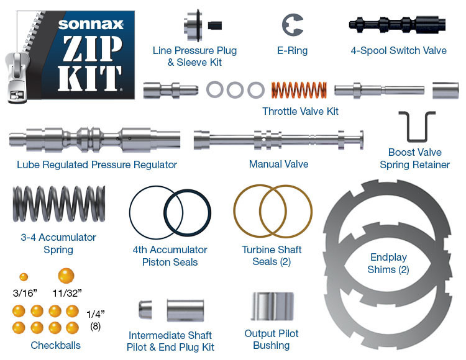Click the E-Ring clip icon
click(292, 25)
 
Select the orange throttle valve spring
click(299, 91)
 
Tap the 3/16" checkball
click(24, 277)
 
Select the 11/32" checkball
click(66, 276)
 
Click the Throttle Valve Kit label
click(300, 112)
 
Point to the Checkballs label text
click(55, 345)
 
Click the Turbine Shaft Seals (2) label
click(272, 256)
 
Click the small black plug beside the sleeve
click(215, 25)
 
